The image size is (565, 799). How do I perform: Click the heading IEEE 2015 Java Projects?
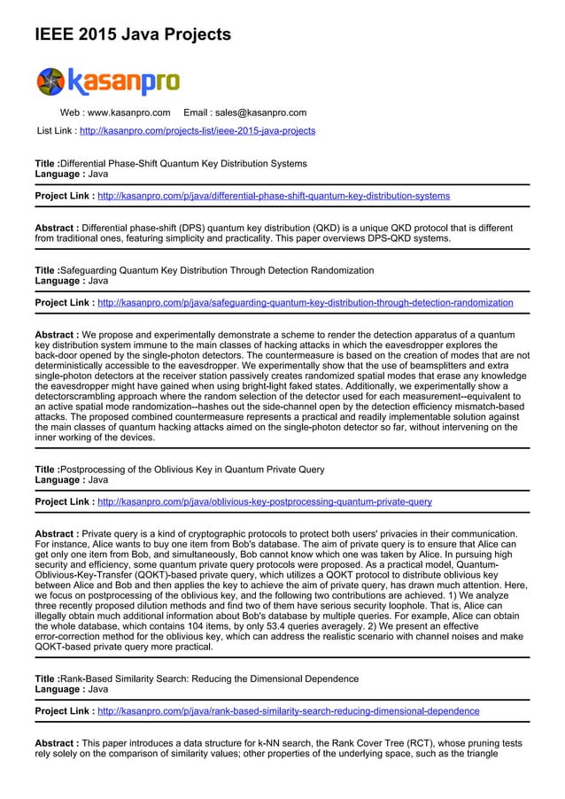(132, 35)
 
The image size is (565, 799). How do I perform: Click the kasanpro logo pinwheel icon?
(50, 81)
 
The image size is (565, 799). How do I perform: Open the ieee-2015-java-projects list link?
(197, 131)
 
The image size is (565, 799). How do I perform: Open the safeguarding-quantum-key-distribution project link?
(305, 303)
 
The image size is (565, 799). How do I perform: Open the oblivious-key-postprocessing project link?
(265, 502)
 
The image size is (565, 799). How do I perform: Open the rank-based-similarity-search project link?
(289, 711)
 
